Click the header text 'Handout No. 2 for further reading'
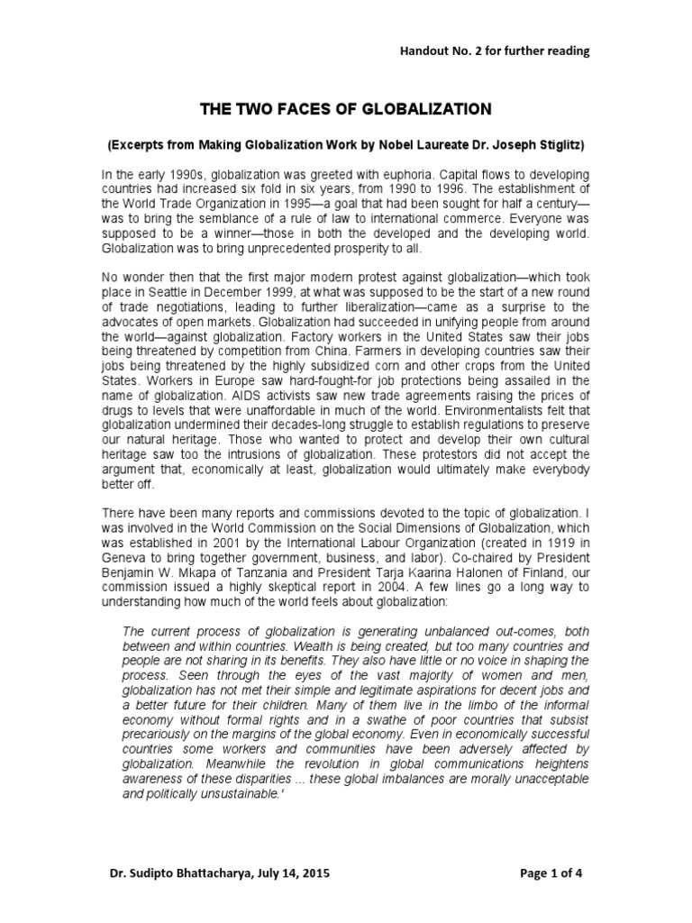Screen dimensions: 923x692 pos(495,51)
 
